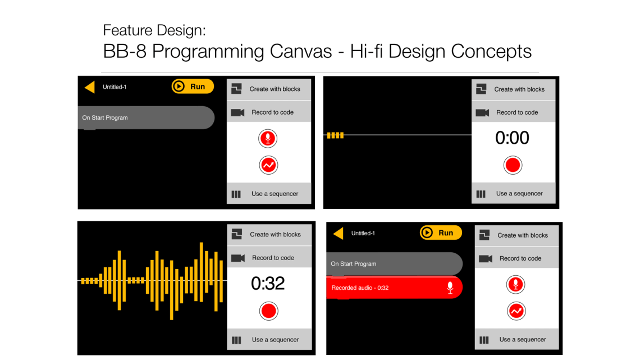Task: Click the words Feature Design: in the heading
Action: click(x=154, y=30)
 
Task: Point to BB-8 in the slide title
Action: click(x=125, y=51)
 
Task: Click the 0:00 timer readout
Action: click(x=512, y=138)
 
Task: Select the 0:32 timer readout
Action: click(x=268, y=283)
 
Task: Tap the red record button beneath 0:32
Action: click(x=269, y=311)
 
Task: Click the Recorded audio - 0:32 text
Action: click(x=360, y=288)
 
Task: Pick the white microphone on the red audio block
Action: click(x=450, y=288)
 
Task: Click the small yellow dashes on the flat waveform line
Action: click(x=335, y=135)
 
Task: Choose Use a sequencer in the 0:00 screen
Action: click(x=519, y=194)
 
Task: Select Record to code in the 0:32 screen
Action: click(x=273, y=258)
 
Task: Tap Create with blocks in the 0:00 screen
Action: click(x=519, y=89)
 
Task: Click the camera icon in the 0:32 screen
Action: click(x=238, y=258)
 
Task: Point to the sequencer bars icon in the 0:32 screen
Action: click(x=236, y=340)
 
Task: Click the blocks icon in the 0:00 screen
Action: click(x=481, y=89)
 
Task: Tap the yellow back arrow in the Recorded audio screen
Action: click(x=338, y=233)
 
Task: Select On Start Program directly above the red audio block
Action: click(x=354, y=263)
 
